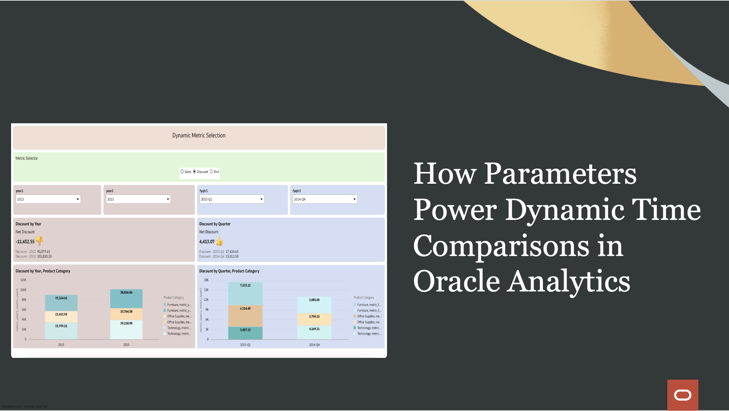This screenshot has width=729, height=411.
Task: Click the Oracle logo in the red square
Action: (682, 395)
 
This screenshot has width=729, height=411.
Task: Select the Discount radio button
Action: (195, 172)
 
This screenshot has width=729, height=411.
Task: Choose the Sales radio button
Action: (182, 172)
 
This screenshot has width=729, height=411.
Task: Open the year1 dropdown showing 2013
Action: (48, 199)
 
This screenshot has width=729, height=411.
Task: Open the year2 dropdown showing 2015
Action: (138, 199)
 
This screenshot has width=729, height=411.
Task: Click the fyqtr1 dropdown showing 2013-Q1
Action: (232, 199)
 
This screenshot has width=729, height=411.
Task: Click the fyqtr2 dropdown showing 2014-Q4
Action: (325, 199)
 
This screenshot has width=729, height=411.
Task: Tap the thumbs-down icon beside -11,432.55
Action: (40, 241)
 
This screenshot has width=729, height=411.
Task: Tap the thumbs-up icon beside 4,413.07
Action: (220, 241)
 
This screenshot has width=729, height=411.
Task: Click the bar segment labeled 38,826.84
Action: (126, 298)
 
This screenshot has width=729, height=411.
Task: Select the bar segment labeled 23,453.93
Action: (61, 317)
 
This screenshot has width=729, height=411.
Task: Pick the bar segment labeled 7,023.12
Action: (245, 293)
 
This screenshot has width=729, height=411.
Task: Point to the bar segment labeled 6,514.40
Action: (245, 315)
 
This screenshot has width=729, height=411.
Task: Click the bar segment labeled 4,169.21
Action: (314, 332)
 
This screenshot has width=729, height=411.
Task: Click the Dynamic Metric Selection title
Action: (199, 135)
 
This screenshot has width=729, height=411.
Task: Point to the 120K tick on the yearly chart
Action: (23, 280)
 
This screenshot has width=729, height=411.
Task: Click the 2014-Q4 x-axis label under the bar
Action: (314, 345)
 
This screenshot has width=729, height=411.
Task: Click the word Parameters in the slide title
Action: (560, 174)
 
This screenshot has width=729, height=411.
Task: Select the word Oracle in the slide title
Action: (456, 282)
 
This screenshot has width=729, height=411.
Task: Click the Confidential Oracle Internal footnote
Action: (24, 407)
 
